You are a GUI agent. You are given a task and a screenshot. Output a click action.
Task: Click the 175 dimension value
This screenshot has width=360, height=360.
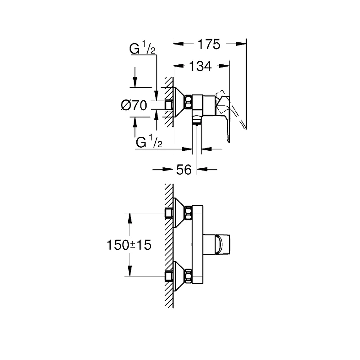tap(209, 44)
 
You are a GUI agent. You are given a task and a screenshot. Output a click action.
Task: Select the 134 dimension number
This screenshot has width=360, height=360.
tap(200, 66)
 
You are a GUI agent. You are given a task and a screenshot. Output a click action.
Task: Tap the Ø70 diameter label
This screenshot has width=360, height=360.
tap(134, 106)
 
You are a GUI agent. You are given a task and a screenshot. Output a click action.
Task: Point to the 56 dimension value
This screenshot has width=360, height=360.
tap(184, 170)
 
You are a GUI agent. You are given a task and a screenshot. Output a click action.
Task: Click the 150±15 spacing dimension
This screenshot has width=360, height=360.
tap(129, 245)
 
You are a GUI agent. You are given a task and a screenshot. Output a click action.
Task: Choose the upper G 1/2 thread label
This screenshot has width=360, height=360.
tap(142, 48)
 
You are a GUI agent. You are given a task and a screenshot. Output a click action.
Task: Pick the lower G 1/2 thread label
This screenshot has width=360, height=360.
tap(149, 141)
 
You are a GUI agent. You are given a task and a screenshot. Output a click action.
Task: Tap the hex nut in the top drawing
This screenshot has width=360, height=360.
tap(188, 102)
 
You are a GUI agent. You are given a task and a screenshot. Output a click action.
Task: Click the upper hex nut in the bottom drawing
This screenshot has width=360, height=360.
tap(188, 213)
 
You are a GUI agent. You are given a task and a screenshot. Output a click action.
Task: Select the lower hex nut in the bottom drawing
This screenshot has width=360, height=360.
tap(188, 276)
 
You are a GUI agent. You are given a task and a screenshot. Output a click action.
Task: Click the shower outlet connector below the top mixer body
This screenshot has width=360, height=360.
tap(197, 119)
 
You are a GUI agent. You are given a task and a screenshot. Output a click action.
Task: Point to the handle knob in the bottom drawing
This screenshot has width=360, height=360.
tap(216, 244)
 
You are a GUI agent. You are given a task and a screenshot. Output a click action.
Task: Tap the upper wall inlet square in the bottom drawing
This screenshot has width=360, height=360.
tap(169, 213)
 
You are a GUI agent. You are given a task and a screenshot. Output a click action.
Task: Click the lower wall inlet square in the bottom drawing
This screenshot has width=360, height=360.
tap(169, 276)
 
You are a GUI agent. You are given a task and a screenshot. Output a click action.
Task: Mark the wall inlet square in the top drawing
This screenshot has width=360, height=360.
tap(169, 105)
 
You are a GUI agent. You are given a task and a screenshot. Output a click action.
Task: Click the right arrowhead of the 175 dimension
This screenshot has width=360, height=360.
tap(241, 44)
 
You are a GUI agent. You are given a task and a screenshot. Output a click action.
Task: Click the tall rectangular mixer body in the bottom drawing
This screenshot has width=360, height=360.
tap(198, 244)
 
